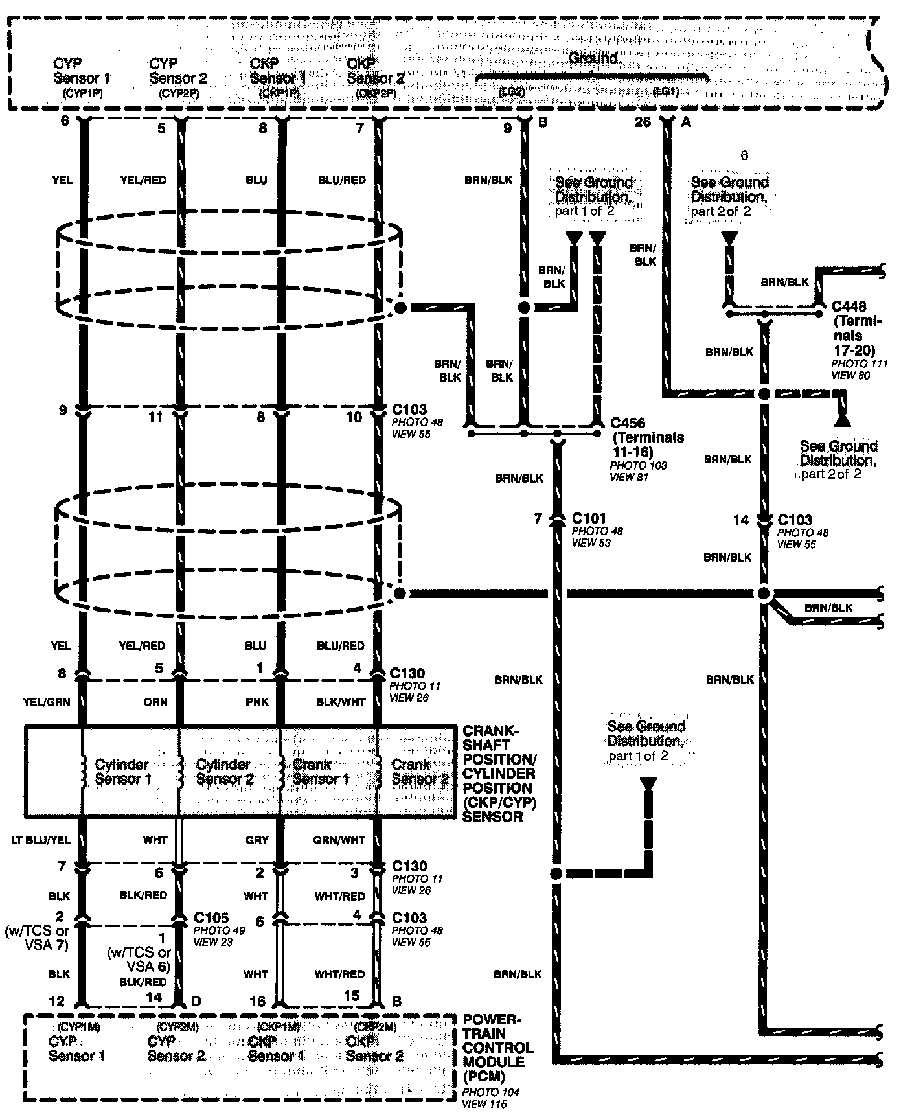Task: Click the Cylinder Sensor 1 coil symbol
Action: pyautogui.click(x=83, y=771)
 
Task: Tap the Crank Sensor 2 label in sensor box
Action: pyautogui.click(x=420, y=772)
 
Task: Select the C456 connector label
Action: pyautogui.click(x=628, y=423)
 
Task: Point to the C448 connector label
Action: pyautogui.click(x=849, y=306)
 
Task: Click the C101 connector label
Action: pyautogui.click(x=589, y=518)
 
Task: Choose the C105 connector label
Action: pyautogui.click(x=211, y=918)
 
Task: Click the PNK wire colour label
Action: pyautogui.click(x=256, y=702)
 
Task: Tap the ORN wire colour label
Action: pyautogui.click(x=155, y=702)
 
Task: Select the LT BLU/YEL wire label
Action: pyautogui.click(x=40, y=840)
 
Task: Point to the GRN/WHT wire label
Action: pyautogui.click(x=339, y=840)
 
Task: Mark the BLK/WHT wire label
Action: pyautogui.click(x=341, y=702)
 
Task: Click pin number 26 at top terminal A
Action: pyautogui.click(x=642, y=122)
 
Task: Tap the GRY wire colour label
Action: pyautogui.click(x=256, y=840)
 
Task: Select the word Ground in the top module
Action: pyautogui.click(x=593, y=58)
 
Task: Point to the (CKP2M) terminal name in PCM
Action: pyautogui.click(x=376, y=1027)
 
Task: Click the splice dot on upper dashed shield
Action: pyautogui.click(x=400, y=308)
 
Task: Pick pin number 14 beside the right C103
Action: pyautogui.click(x=740, y=520)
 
